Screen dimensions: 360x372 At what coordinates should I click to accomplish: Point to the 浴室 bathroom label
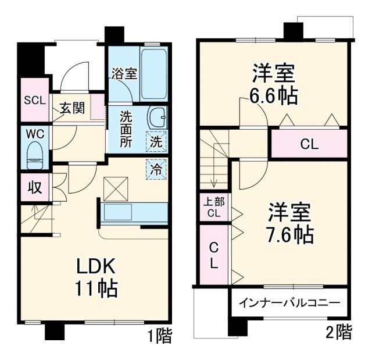(x=124, y=74)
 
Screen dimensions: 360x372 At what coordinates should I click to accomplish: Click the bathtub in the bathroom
(x=153, y=74)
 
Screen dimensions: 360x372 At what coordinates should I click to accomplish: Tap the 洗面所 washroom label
(x=126, y=129)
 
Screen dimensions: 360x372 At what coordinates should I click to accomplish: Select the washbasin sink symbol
(x=156, y=117)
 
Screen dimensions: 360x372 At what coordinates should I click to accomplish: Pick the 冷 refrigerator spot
(x=156, y=169)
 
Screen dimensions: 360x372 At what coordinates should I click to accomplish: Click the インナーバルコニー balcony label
(x=289, y=303)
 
